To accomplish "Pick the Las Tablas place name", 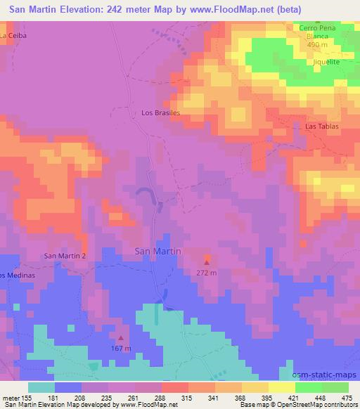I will point(322,126).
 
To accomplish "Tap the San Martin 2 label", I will point(65,256).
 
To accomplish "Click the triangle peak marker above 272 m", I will point(206,262).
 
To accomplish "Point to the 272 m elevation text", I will point(206,272).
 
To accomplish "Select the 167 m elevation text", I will point(121,348).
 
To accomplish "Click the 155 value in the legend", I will point(27,397).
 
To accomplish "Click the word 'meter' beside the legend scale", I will point(10,397).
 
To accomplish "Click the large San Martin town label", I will point(157,251).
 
